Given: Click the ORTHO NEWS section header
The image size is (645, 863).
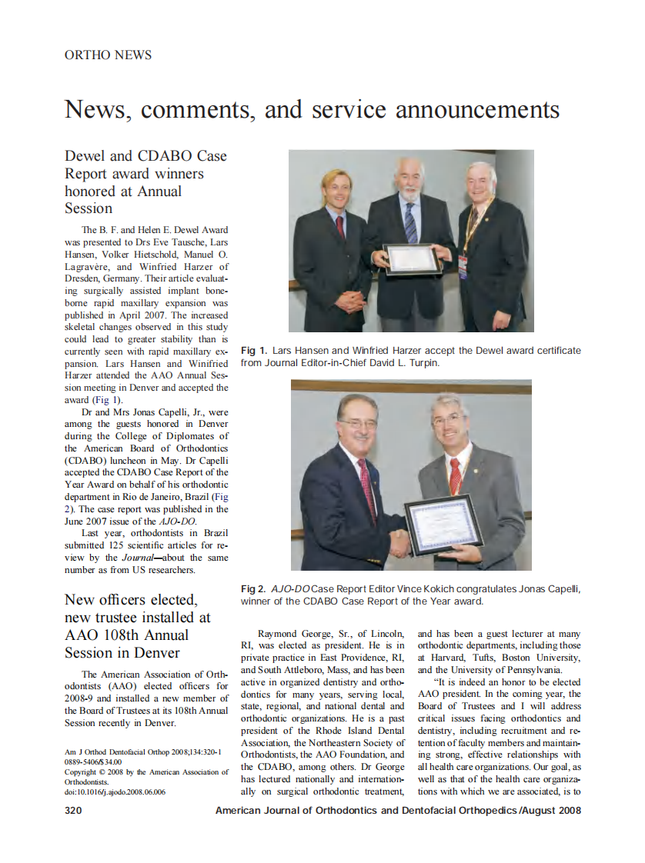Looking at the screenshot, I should [x=109, y=55].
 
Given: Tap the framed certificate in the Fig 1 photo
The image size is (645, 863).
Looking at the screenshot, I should [x=413, y=258].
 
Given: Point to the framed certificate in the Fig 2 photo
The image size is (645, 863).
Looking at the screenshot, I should [x=443, y=525].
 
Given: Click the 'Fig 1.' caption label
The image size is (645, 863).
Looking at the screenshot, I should [x=253, y=351].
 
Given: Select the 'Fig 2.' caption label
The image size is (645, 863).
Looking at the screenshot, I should [x=254, y=589].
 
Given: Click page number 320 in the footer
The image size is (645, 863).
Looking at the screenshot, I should [x=74, y=810].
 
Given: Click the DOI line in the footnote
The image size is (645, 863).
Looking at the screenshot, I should [x=115, y=791].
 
